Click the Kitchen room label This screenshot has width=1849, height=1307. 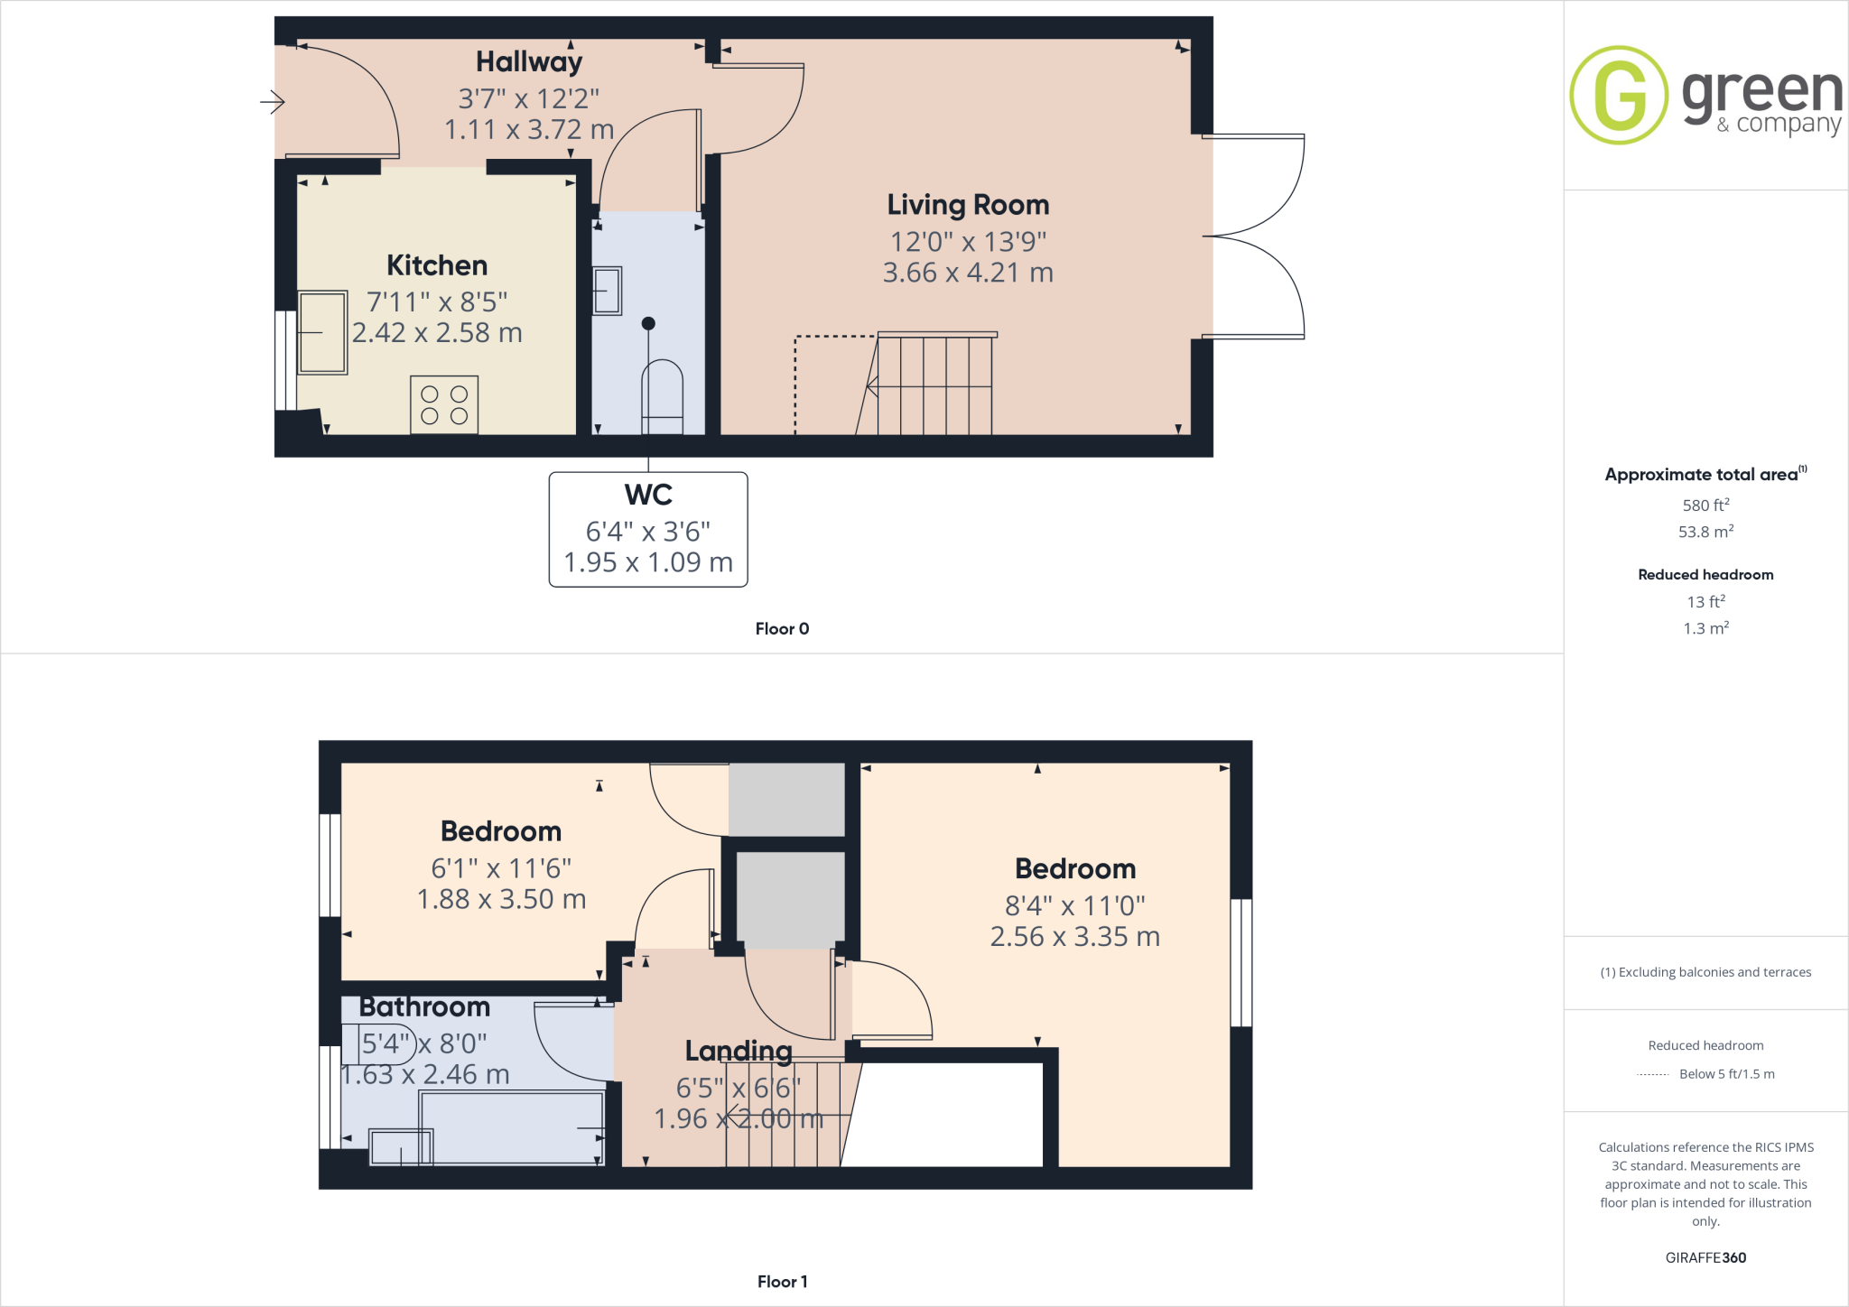click(437, 265)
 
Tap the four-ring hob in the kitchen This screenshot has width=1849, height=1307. click(444, 405)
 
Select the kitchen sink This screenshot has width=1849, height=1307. click(322, 332)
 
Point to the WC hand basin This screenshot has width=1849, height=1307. click(608, 291)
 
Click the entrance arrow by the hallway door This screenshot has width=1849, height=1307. click(273, 102)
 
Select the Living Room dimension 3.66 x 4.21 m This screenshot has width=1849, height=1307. click(968, 273)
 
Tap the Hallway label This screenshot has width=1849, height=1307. click(529, 61)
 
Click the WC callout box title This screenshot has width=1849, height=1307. click(648, 495)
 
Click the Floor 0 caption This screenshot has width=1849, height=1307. click(782, 629)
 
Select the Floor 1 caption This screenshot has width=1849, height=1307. click(782, 1282)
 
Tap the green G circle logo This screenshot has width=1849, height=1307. click(1619, 95)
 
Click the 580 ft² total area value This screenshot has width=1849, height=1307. click(1705, 505)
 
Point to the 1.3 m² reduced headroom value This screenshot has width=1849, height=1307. click(1705, 628)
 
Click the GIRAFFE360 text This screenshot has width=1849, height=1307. click(1705, 1257)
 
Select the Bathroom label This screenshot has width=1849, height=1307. click(424, 1006)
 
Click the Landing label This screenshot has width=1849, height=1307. click(739, 1051)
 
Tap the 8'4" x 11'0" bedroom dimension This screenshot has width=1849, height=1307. click(1074, 905)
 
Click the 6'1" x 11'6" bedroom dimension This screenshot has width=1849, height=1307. click(501, 868)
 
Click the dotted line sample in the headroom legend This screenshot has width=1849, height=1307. click(1652, 1075)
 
